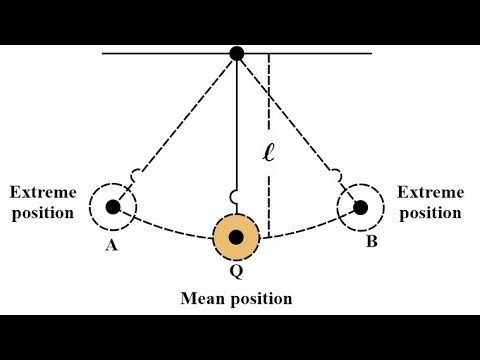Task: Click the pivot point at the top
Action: (x=237, y=53)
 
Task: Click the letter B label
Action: (x=370, y=241)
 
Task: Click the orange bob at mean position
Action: (x=237, y=238)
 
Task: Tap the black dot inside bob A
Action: (x=113, y=207)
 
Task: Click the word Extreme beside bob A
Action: (x=42, y=192)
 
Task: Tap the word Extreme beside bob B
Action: (x=431, y=192)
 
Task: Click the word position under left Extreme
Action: (x=42, y=212)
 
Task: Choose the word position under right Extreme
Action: (x=431, y=212)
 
